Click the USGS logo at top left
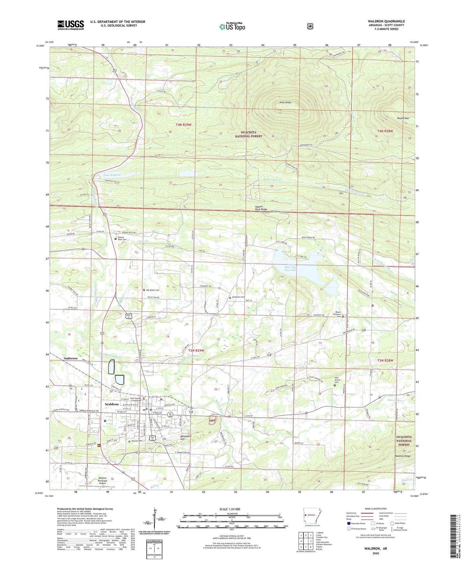click(x=71, y=25)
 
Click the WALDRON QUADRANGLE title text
click(x=386, y=21)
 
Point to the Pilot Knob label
click(x=285, y=103)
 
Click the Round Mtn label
click(x=403, y=118)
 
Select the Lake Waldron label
click(x=112, y=175)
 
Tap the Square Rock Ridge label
click(x=261, y=208)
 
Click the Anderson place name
click(x=71, y=359)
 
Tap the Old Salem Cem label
click(x=152, y=290)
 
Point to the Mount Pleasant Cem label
click(x=338, y=314)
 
